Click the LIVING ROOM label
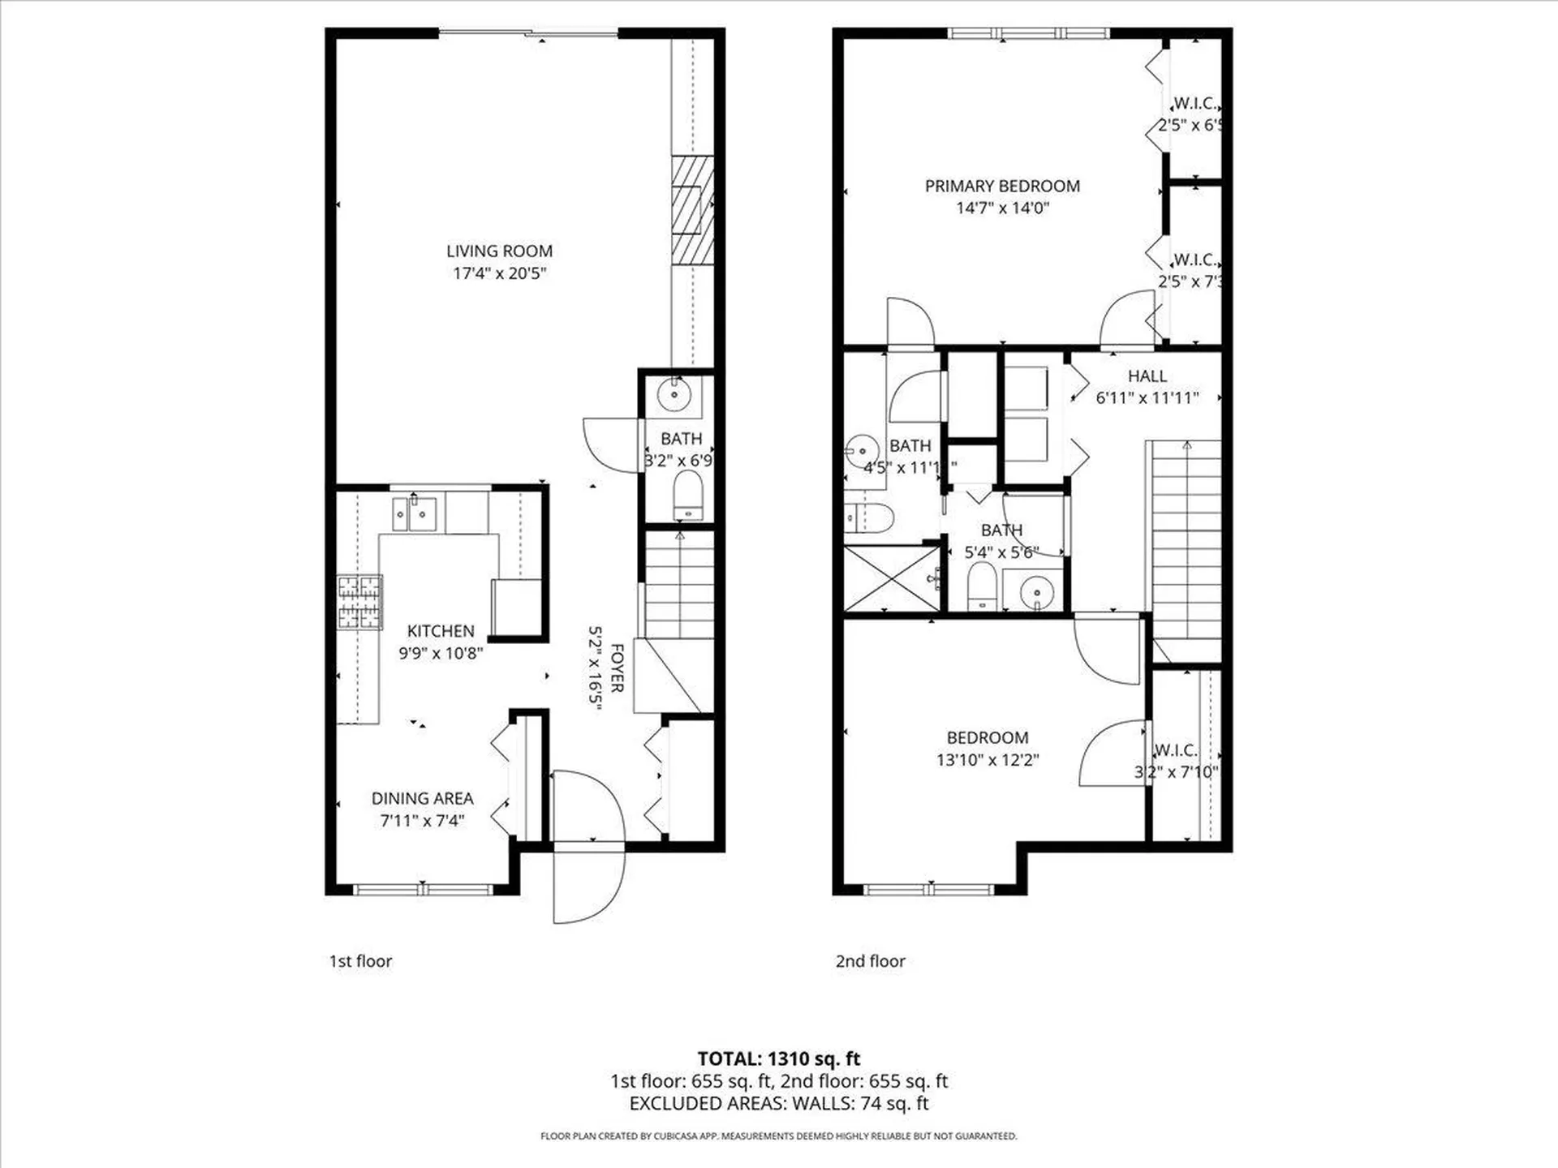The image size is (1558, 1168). (x=499, y=251)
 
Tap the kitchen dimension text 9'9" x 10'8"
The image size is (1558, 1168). (x=441, y=653)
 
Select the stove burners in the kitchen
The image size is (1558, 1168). (x=359, y=602)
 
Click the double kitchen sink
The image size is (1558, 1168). (x=414, y=513)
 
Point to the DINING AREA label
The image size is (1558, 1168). (x=422, y=798)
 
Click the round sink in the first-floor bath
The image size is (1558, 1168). (x=674, y=395)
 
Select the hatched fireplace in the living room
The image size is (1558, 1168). (x=692, y=209)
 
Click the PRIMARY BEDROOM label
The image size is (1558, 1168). (x=1002, y=186)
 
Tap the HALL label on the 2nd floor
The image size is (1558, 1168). (x=1147, y=376)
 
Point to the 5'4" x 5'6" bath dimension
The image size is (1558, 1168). (x=1001, y=552)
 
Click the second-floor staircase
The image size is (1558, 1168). (x=1186, y=543)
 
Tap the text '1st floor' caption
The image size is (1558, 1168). (x=360, y=961)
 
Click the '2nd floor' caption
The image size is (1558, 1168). (x=870, y=961)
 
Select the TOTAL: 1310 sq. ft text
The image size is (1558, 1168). (x=778, y=1058)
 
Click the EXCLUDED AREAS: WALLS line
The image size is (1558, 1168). (x=778, y=1103)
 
